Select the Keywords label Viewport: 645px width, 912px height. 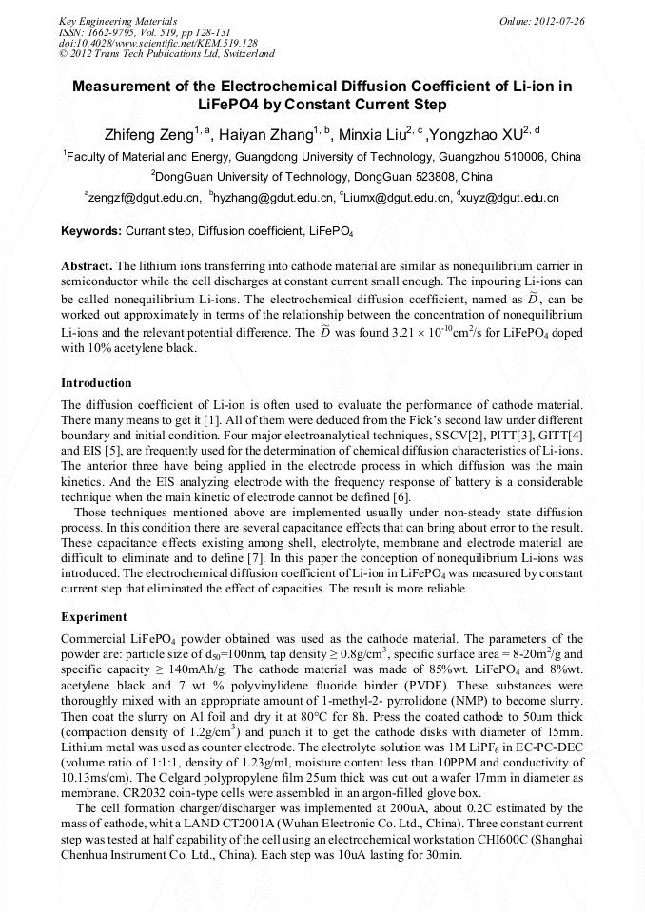coord(90,230)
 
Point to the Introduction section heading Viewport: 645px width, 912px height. coord(96,383)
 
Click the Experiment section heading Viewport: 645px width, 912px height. coord(94,617)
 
